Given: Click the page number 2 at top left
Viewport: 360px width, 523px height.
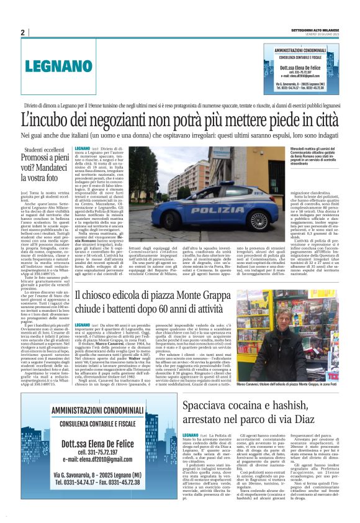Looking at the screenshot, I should (22, 32).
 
